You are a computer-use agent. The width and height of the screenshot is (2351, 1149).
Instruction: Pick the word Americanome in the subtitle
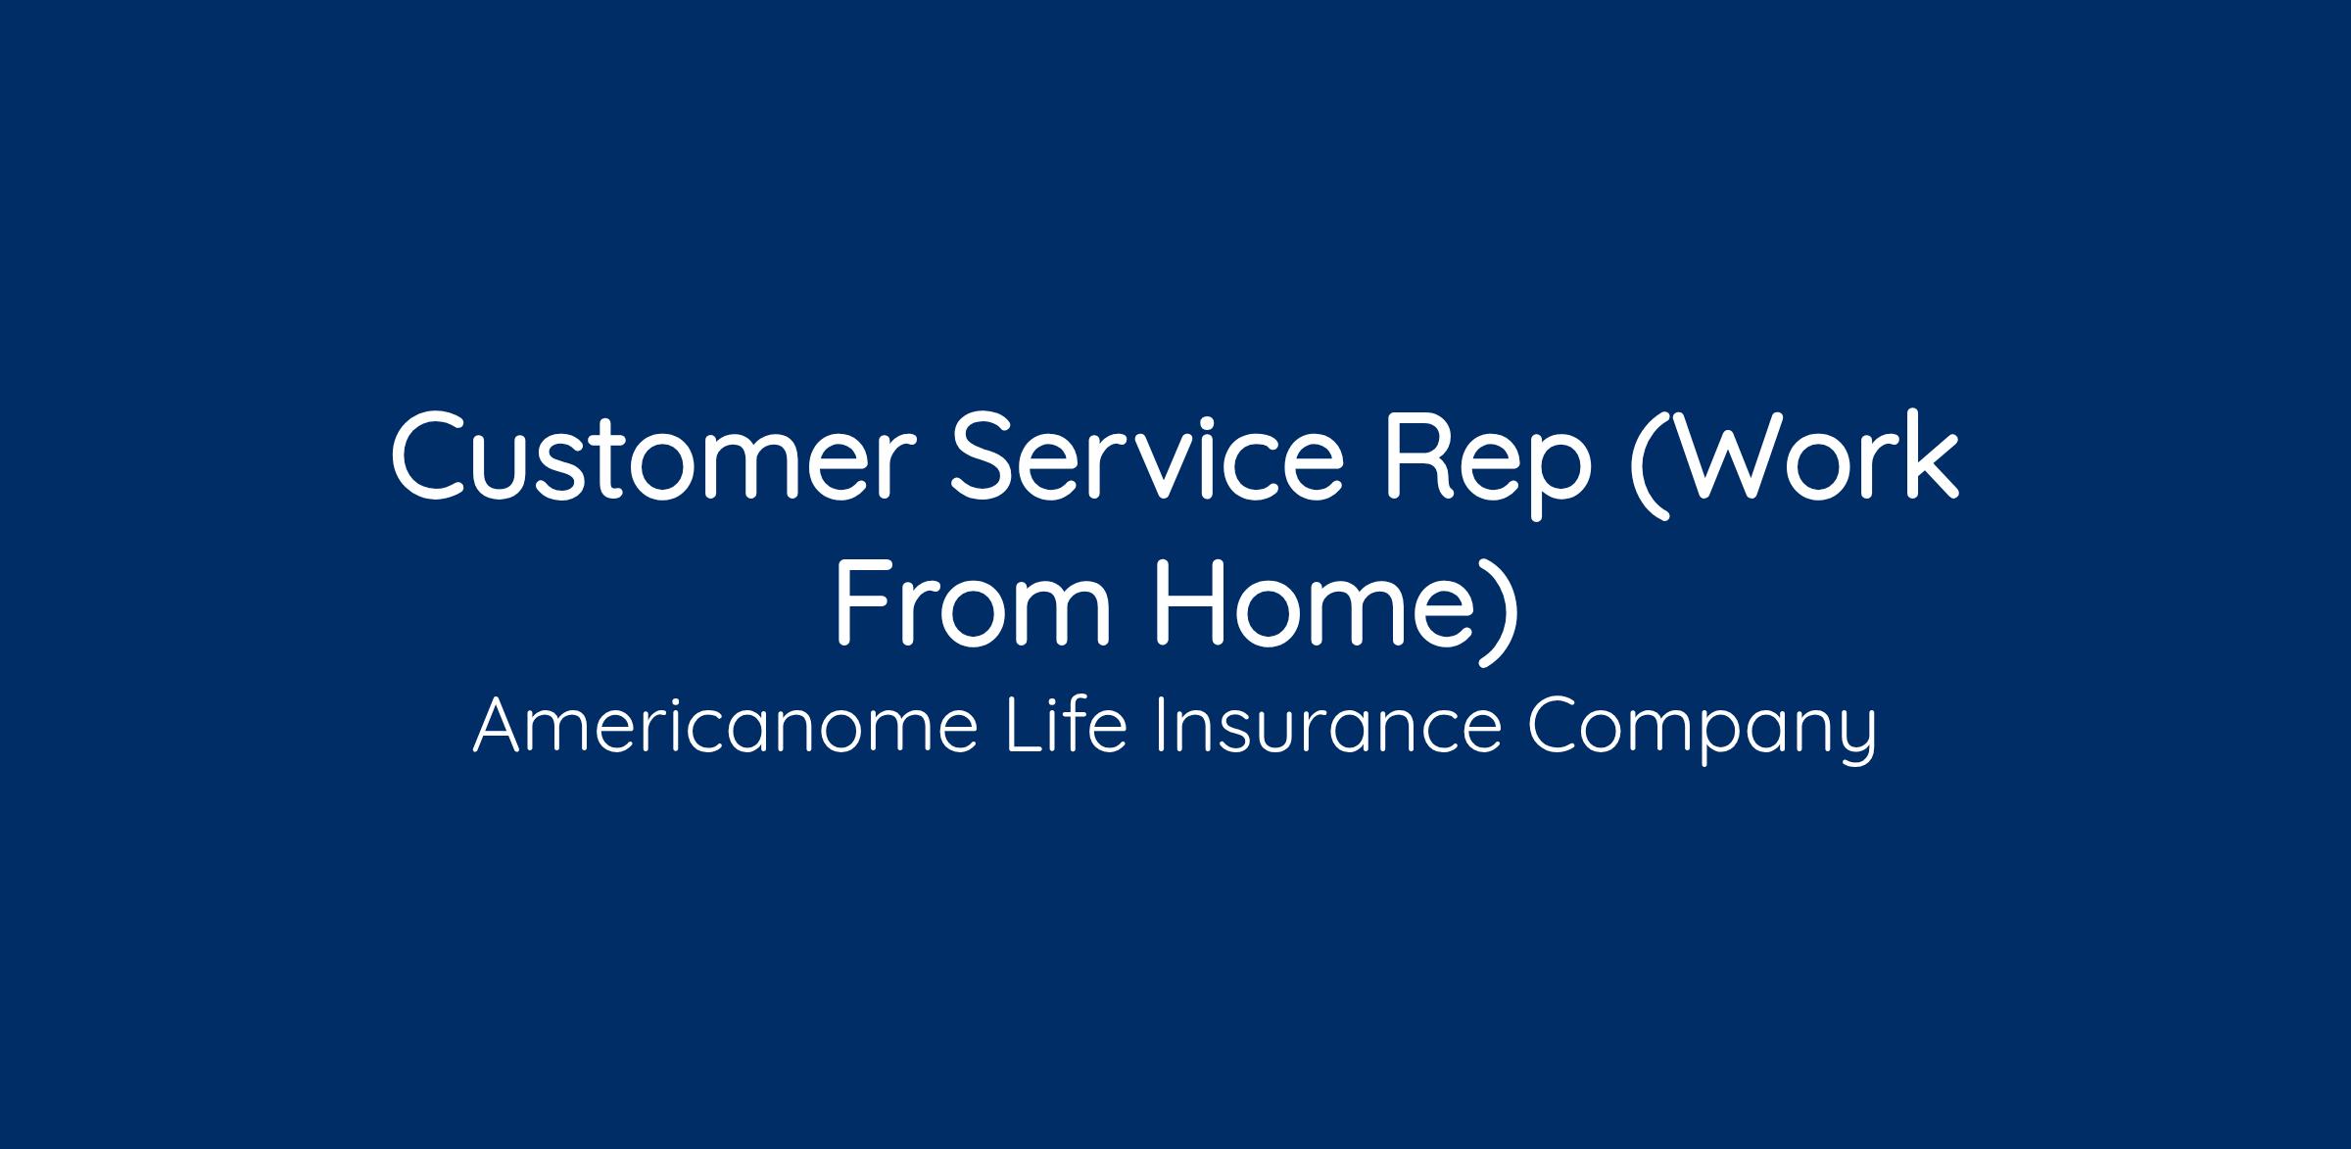tap(726, 726)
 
